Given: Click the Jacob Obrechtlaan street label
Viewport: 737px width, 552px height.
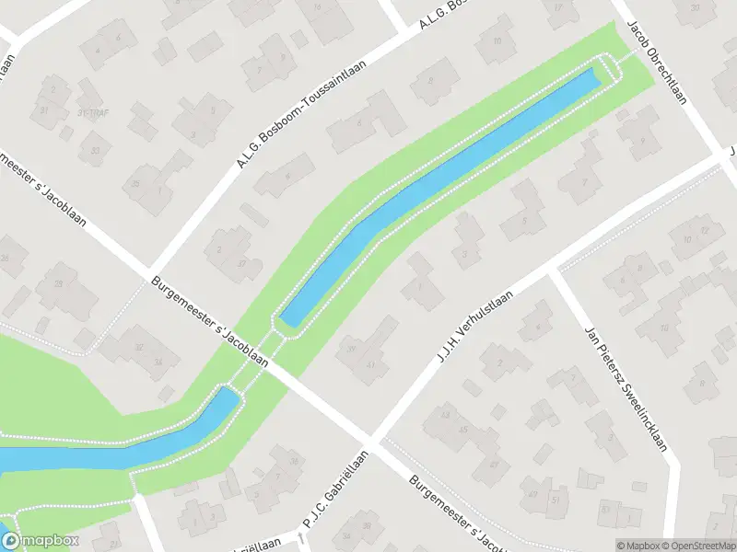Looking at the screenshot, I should [658, 63].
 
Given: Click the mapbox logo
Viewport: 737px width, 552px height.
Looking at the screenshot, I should [39, 541].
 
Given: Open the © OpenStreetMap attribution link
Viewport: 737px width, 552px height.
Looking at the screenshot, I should [696, 546].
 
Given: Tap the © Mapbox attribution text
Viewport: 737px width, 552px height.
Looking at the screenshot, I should [638, 546].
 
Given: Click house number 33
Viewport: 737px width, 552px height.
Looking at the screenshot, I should [95, 149].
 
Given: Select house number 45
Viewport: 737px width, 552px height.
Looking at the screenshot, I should [463, 430].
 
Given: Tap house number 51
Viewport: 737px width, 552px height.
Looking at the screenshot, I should [556, 499].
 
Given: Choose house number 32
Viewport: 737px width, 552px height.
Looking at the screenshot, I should [139, 347].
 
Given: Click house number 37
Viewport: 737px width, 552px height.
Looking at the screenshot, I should [242, 263].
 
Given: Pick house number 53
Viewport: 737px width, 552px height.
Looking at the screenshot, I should [605, 508].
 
